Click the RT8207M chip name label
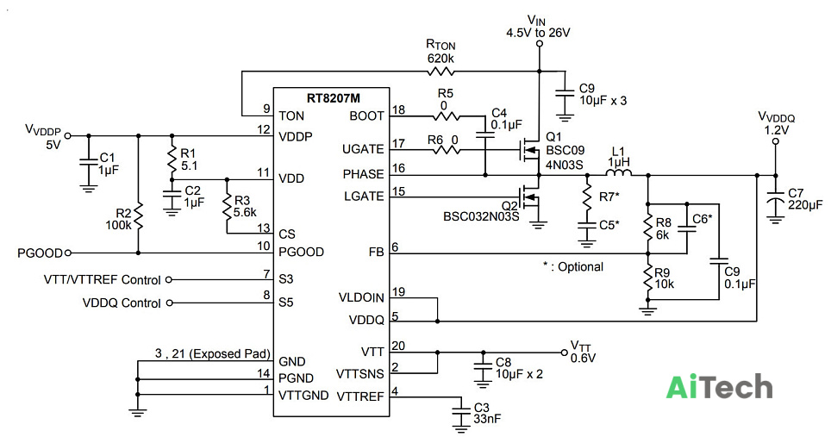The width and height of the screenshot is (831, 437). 334,98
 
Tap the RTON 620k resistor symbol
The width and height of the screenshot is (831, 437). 441,71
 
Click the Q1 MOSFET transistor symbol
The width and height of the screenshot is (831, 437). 529,151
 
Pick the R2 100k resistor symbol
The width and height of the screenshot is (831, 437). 138,215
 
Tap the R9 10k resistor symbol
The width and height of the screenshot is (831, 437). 647,278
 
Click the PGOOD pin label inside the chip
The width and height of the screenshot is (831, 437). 301,253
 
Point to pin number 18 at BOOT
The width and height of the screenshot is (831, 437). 398,109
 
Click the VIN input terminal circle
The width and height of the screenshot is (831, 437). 540,44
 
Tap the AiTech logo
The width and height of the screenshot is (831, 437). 719,387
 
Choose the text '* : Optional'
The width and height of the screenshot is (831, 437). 573,266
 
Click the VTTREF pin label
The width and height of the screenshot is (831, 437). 360,396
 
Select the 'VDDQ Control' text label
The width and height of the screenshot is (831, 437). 122,303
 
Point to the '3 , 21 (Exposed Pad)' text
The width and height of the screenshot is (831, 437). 213,353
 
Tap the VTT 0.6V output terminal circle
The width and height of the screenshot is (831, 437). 564,353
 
